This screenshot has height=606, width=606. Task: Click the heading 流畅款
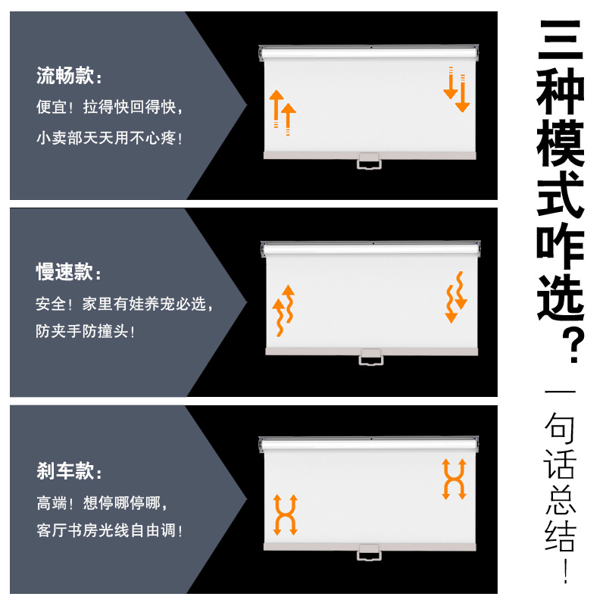(65, 75)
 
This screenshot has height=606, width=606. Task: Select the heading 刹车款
(65, 470)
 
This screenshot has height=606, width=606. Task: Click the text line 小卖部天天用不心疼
(109, 138)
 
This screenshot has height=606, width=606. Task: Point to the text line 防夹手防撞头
(85, 331)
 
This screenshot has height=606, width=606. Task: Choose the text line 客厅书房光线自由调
(109, 530)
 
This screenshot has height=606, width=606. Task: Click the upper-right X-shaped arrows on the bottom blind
(454, 479)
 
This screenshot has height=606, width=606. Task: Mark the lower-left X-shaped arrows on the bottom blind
(286, 515)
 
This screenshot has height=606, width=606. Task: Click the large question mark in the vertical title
(574, 345)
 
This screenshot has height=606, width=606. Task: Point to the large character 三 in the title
(561, 40)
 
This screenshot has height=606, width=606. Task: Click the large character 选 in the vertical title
(561, 297)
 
